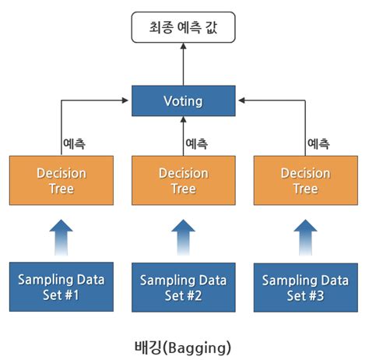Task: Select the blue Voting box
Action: pos(183,101)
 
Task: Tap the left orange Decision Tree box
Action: pos(61,181)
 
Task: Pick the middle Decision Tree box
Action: pos(183,181)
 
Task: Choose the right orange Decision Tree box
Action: pos(304,181)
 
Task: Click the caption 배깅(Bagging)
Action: pos(183,342)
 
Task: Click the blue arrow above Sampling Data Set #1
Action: pos(61,236)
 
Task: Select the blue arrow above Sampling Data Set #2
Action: pos(183,236)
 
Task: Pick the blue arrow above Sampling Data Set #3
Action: pos(304,236)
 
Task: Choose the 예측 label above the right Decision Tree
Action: pos(318,143)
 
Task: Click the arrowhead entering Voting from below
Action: pos(184,120)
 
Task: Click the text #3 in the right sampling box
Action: pos(319,295)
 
